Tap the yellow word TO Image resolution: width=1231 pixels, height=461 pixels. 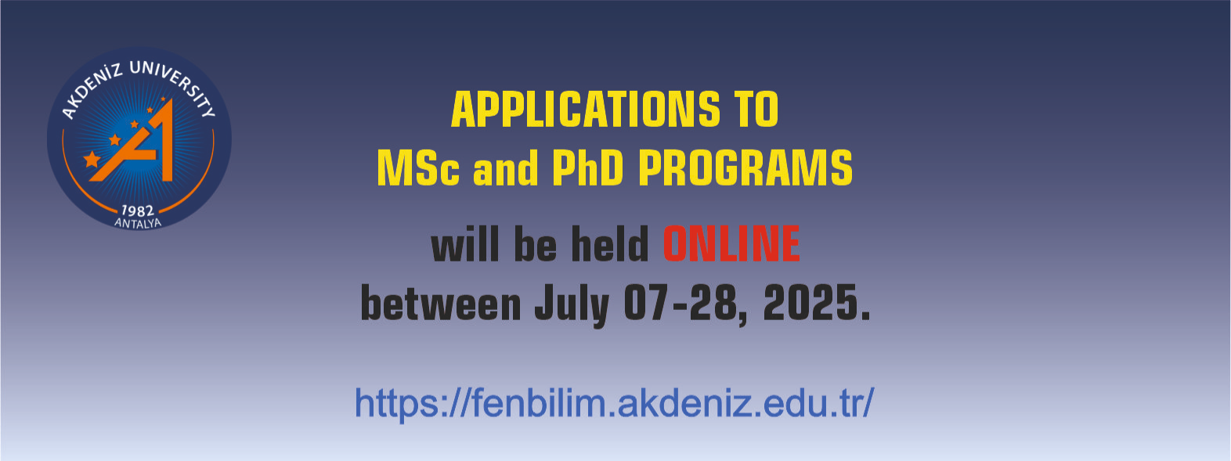click(x=756, y=110)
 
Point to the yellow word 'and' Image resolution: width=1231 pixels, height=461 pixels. click(x=506, y=168)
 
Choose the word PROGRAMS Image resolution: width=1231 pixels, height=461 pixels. click(x=745, y=168)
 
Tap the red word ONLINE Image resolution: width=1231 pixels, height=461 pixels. click(x=731, y=243)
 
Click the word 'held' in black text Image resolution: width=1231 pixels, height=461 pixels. click(x=610, y=243)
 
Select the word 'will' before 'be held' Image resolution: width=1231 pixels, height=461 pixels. click(x=465, y=243)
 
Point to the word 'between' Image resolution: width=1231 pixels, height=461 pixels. click(x=441, y=303)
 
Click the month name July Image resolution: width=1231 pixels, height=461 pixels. click(x=572, y=305)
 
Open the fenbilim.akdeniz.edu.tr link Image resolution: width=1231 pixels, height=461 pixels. click(x=615, y=403)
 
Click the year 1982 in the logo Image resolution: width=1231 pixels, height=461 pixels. click(x=137, y=211)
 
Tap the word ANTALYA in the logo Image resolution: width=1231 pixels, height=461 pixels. click(x=138, y=223)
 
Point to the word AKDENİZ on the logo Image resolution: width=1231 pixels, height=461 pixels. click(x=91, y=92)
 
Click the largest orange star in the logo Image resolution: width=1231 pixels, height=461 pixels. click(x=92, y=160)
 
